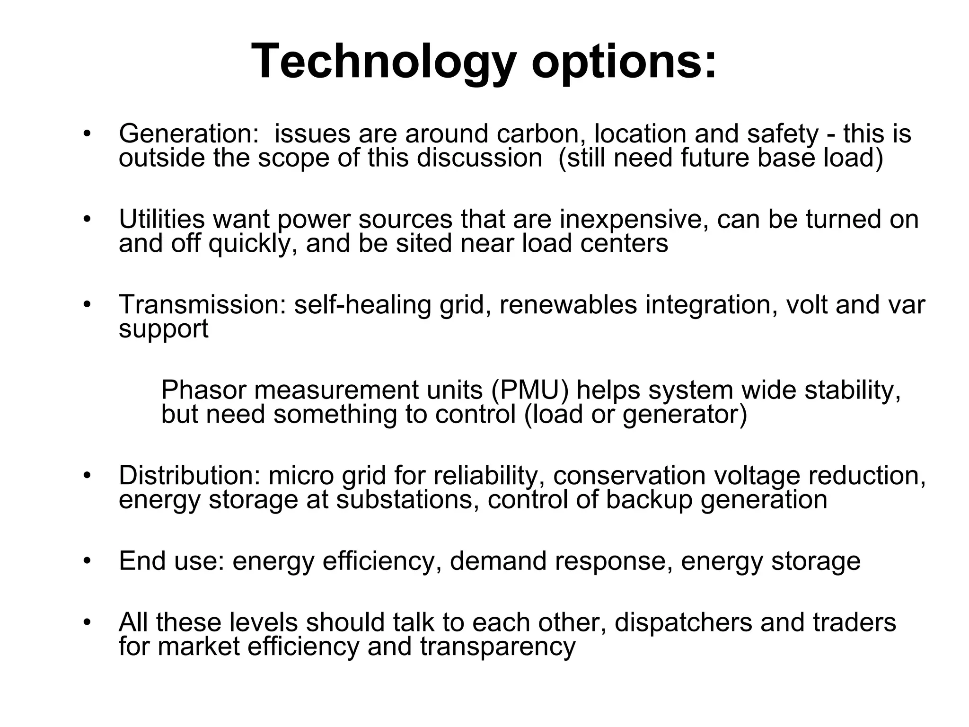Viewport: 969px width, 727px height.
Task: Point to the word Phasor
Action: [x=204, y=390]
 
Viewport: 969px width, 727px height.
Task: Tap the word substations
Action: [x=405, y=499]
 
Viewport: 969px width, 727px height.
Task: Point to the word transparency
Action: [x=497, y=647]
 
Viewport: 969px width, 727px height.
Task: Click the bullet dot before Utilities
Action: [x=86, y=220]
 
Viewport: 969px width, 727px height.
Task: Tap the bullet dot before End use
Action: [x=86, y=561]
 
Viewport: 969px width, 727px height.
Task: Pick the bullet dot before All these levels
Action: [x=86, y=623]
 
